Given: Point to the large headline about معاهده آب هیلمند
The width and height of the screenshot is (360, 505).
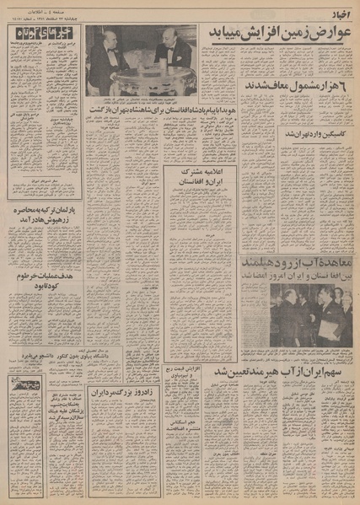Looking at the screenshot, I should point(295,267).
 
